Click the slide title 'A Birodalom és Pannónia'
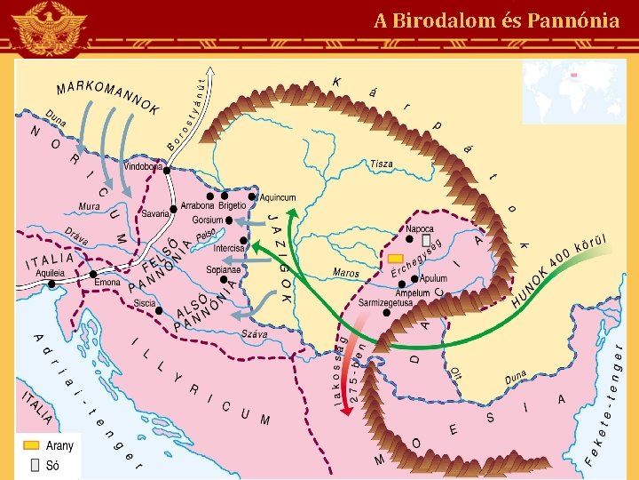496,20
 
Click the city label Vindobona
143,166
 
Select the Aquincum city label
278,197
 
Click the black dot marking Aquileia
51,284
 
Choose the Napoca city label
420,228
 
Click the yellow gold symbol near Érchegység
396,258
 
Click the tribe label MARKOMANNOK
107,96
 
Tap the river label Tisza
382,164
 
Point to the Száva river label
255,334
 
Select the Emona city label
107,282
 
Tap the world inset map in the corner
572,91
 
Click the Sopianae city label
223,268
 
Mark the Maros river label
346,273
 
